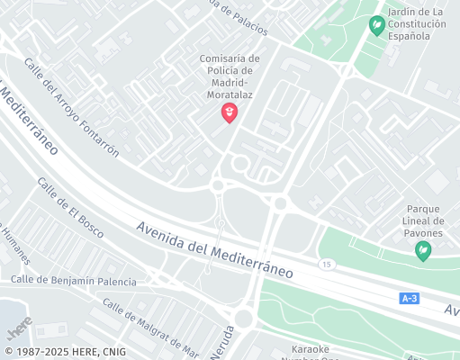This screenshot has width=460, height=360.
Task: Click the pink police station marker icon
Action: point(230,112)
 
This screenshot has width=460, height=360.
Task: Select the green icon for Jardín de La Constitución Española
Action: point(377,24)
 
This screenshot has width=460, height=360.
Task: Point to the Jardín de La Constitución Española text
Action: point(416,24)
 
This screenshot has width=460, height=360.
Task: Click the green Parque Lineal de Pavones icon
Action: point(423,252)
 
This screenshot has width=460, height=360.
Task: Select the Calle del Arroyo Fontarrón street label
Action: point(72,108)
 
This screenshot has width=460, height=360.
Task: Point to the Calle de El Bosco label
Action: point(70,208)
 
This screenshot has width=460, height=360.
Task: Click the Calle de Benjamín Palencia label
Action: point(74,281)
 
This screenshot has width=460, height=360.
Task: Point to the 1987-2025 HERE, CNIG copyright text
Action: point(65,352)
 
